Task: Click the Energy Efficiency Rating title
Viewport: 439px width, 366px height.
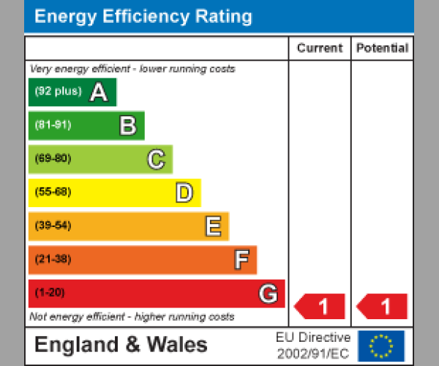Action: pos(143,16)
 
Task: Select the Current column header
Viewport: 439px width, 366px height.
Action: pos(320,48)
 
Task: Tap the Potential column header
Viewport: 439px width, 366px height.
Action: pos(382,48)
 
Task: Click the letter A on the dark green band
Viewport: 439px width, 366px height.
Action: pos(99,92)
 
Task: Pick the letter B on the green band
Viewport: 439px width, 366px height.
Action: pos(127,126)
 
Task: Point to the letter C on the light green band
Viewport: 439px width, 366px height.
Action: pos(156,159)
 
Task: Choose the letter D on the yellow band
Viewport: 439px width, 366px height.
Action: pos(184,193)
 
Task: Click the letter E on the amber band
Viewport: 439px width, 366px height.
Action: pos(212,226)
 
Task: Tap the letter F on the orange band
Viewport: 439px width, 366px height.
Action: pos(241,260)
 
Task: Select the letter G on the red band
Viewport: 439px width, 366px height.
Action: pos(269,294)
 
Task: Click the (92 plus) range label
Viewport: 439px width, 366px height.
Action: pos(58,91)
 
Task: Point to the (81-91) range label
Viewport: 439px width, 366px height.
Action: pos(53,125)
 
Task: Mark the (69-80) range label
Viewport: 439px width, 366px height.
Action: pos(53,158)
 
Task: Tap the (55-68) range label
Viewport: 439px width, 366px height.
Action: pos(53,192)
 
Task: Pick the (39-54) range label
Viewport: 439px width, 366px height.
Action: pos(53,225)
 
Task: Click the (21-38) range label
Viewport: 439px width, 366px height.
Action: pos(53,259)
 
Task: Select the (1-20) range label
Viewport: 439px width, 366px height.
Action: pos(50,293)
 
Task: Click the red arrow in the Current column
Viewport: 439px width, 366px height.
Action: pos(320,305)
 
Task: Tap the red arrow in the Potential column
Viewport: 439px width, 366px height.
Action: pos(382,305)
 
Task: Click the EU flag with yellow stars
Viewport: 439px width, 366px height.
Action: pos(381,346)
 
